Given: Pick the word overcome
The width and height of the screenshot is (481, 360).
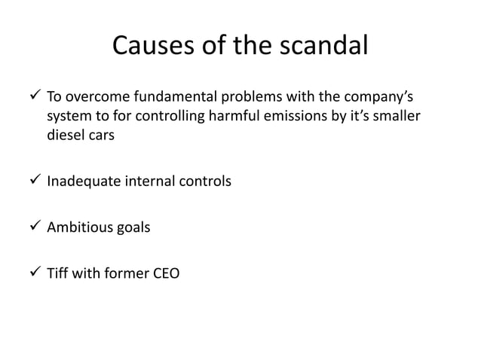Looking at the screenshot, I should tap(94, 98).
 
